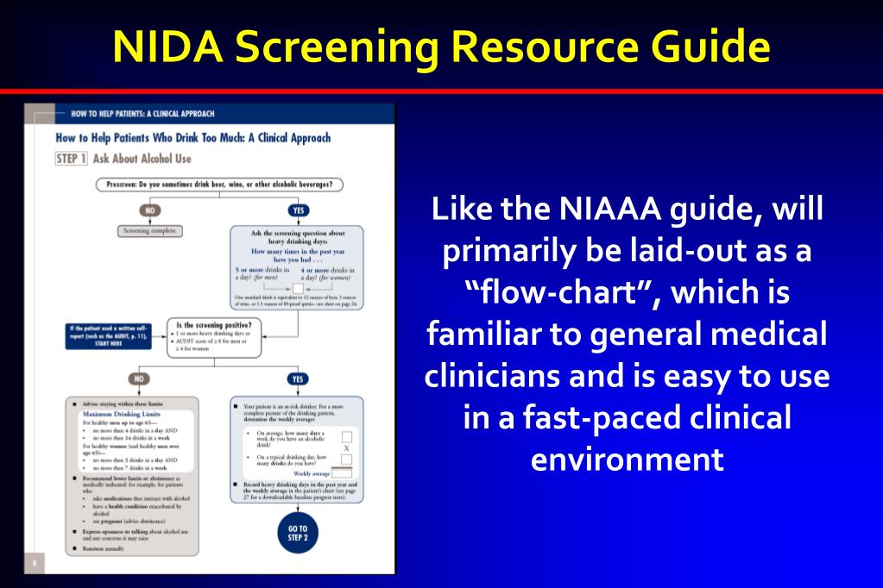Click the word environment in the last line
pos(627,459)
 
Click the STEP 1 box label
pos(71,159)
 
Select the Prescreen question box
pos(219,184)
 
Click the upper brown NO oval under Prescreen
pos(150,210)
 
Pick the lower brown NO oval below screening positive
pos(136,378)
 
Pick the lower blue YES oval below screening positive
pos(298,378)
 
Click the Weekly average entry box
pos(343,472)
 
